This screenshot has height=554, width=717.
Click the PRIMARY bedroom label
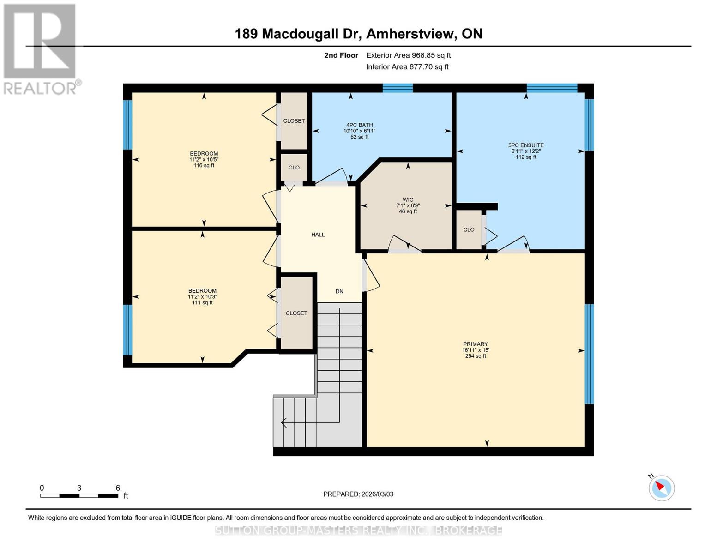[x=475, y=344]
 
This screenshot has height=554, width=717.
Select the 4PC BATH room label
[x=359, y=125]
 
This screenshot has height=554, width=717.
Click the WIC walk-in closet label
[x=408, y=200]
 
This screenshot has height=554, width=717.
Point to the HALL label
[x=318, y=235]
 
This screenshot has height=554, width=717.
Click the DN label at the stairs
[x=339, y=291]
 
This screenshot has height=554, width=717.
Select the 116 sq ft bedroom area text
[x=204, y=165]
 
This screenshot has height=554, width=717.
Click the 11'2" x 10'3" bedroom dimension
[x=202, y=297]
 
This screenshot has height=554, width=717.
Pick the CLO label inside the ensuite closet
[x=469, y=229]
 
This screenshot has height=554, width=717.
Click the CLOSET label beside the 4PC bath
[x=294, y=121]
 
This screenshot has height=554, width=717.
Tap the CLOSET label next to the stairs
[x=296, y=313]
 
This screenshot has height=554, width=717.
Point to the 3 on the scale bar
[x=79, y=488]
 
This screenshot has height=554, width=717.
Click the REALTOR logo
[x=41, y=48]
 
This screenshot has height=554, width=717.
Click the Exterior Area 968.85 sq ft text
[x=408, y=55]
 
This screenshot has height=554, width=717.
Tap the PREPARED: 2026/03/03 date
[x=358, y=494]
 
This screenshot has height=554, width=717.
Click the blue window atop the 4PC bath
[x=398, y=88]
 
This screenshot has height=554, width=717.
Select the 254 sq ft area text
[x=475, y=356]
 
